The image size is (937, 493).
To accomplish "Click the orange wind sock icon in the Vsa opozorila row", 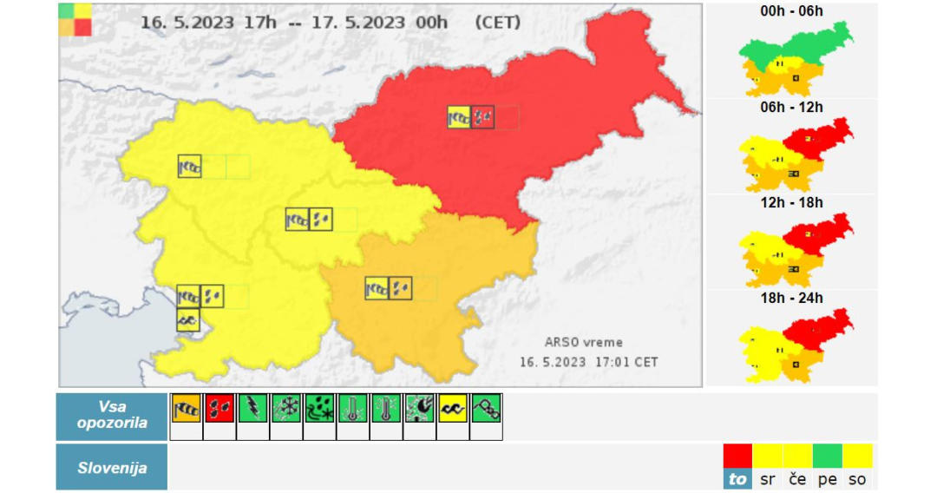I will click(187, 408).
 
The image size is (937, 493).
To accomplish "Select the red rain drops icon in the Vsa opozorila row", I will click(220, 408).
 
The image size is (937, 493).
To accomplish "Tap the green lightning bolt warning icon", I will click(252, 408).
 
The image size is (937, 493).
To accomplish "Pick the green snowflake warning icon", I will click(285, 408).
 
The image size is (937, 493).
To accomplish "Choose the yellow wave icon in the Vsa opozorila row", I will click(452, 408).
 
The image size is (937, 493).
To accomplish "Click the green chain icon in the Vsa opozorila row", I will click(486, 408).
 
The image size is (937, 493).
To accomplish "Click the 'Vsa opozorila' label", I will click(112, 416).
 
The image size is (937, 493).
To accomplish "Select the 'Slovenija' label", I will click(112, 468).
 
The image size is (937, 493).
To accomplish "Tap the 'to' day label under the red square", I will click(737, 479).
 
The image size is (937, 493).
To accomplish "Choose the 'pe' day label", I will click(828, 479).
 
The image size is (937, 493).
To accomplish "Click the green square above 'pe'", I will click(828, 457).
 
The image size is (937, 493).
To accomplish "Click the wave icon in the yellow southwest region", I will click(188, 320).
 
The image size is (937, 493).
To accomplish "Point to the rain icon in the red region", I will click(483, 116).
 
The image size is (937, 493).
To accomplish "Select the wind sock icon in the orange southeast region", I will click(377, 288).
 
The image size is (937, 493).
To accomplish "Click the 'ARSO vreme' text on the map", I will click(583, 342).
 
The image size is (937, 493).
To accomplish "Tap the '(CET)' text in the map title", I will click(498, 23).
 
